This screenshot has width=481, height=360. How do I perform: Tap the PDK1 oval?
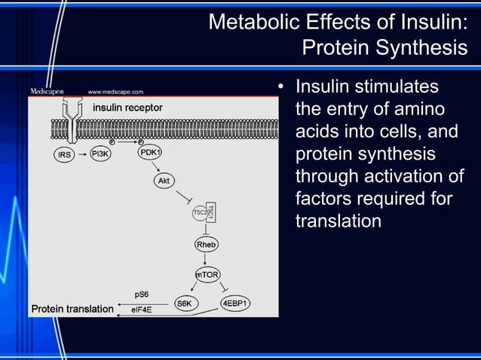pyautogui.click(x=150, y=154)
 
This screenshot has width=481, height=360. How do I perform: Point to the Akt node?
pyautogui.click(x=163, y=182)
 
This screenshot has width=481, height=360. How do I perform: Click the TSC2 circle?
pyautogui.click(x=200, y=213)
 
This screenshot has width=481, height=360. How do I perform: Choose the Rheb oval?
pyautogui.click(x=206, y=245)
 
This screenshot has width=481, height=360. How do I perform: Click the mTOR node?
pyautogui.click(x=207, y=276)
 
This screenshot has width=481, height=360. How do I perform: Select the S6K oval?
pyautogui.click(x=183, y=303)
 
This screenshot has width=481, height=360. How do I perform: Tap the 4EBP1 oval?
pyautogui.click(x=235, y=303)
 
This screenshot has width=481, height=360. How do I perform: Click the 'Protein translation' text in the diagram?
pyautogui.click(x=72, y=309)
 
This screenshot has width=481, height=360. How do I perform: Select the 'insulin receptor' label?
pyautogui.click(x=127, y=108)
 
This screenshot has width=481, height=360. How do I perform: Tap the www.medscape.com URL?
pyautogui.click(x=115, y=92)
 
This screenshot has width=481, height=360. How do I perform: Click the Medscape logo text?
pyautogui.click(x=47, y=91)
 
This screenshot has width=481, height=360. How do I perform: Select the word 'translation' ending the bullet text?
pyautogui.click(x=338, y=221)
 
